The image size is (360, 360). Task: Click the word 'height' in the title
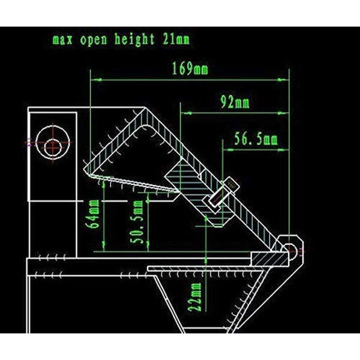click(132, 40)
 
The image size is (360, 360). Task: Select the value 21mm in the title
click(175, 40)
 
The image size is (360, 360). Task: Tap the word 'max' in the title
click(64, 41)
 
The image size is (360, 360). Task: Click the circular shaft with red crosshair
click(54, 143)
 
